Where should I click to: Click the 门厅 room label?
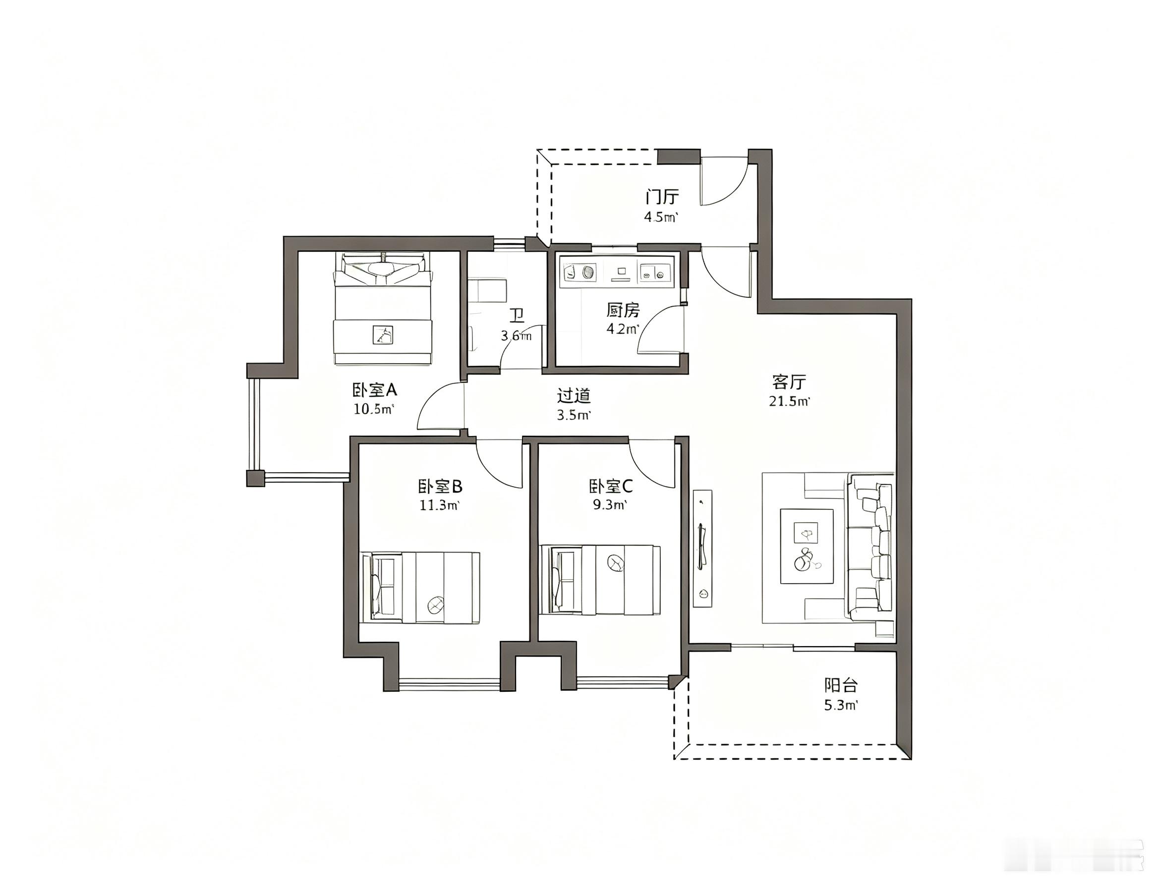tap(661, 197)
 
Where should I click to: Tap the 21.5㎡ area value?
tap(789, 401)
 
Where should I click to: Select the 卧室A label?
tap(374, 390)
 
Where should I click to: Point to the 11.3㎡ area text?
tap(439, 505)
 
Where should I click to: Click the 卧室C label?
tap(611, 486)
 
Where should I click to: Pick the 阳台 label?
tap(841, 685)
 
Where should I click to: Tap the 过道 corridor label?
tap(574, 395)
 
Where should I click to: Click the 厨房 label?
tap(623, 310)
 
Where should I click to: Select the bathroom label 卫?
tap(517, 316)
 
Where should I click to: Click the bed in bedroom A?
tap(382, 309)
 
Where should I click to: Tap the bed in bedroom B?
tap(420, 587)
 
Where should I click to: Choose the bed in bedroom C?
tap(600, 580)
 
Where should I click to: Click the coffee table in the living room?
tap(807, 546)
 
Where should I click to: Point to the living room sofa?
tap(870, 547)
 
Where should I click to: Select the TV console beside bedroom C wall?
tap(703, 549)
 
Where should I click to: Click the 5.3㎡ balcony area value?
tap(841, 706)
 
